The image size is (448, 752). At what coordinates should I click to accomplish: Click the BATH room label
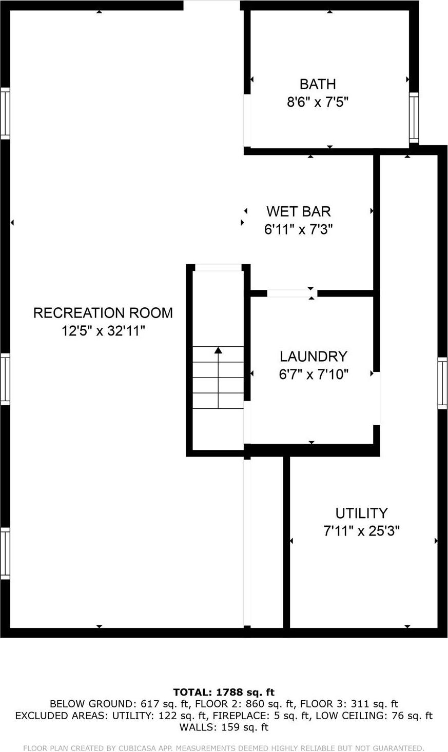pos(318,84)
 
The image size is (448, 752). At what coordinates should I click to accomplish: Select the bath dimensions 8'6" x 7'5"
pos(318,103)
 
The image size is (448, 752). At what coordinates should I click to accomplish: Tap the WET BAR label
pos(298,211)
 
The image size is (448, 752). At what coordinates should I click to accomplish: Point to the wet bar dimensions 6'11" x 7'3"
pos(298,230)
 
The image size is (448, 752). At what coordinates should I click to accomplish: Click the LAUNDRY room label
pos(313,357)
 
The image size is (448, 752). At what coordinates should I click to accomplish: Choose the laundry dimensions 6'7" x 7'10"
pos(313,375)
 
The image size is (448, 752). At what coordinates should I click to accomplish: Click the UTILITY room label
pos(361,513)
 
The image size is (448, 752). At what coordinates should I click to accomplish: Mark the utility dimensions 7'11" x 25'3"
pos(361,531)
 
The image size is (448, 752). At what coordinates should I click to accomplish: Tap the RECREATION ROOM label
pos(103,313)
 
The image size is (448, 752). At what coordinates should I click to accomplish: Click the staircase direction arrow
pos(218,350)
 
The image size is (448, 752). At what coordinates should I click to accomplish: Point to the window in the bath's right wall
pos(414,118)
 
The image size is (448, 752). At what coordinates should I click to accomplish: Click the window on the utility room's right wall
pos(442,383)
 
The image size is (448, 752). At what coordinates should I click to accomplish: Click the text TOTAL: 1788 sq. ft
pos(224,692)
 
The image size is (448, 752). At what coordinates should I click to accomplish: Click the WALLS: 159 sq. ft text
pos(224,727)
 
